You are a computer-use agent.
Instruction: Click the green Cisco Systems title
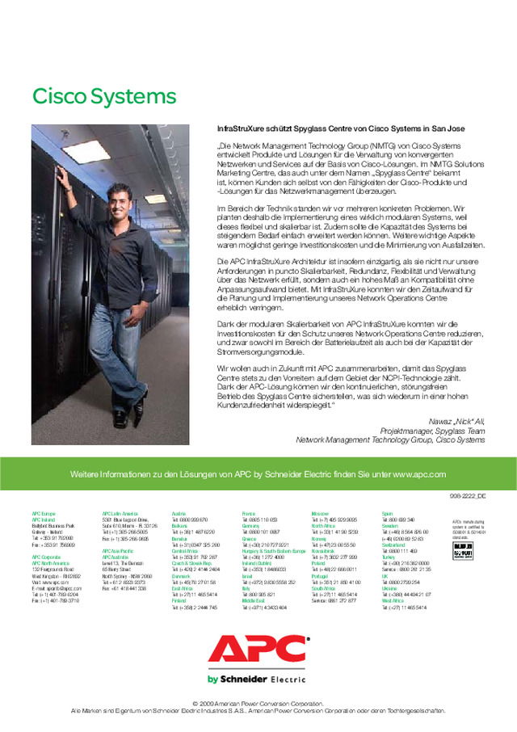tap(103, 96)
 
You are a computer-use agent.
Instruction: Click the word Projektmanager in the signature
tap(403, 431)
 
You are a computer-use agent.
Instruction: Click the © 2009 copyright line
tap(258, 704)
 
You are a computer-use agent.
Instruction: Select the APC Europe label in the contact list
tap(44, 514)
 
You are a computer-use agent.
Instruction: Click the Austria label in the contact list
tap(179, 514)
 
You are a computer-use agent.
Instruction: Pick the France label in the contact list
tap(249, 514)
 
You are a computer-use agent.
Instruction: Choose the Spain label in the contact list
tap(388, 514)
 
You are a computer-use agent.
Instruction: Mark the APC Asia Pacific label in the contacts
tap(118, 551)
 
